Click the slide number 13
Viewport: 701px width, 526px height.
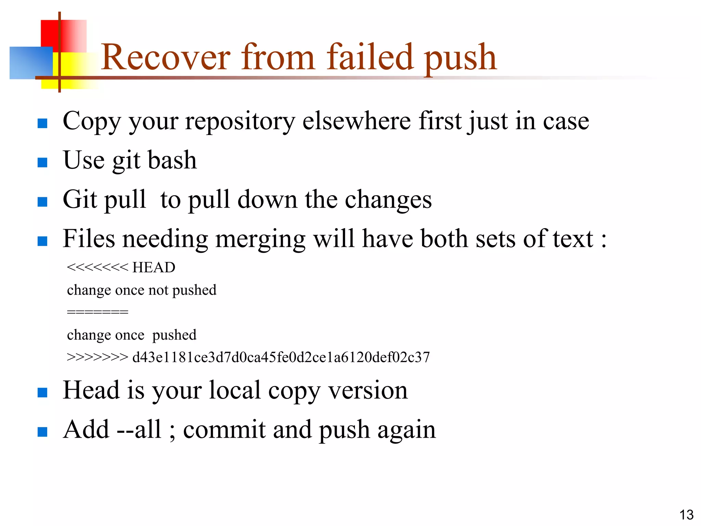tap(686, 515)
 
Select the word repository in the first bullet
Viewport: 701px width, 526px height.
tap(240, 122)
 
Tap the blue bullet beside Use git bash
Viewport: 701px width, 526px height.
tap(42, 162)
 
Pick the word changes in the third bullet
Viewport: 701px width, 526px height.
tap(388, 200)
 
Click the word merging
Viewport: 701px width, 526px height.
tap(260, 239)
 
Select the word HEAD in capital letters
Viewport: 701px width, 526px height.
tap(154, 267)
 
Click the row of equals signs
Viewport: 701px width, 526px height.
tap(98, 312)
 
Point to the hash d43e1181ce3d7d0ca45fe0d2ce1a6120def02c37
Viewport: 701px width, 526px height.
tap(281, 357)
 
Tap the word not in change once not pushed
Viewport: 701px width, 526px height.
tap(158, 290)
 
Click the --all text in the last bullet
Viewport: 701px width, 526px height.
tap(139, 429)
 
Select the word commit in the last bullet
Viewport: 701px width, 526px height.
tap(224, 429)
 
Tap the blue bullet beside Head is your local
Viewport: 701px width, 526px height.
tap(42, 392)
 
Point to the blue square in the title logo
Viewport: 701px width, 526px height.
tap(31, 63)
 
